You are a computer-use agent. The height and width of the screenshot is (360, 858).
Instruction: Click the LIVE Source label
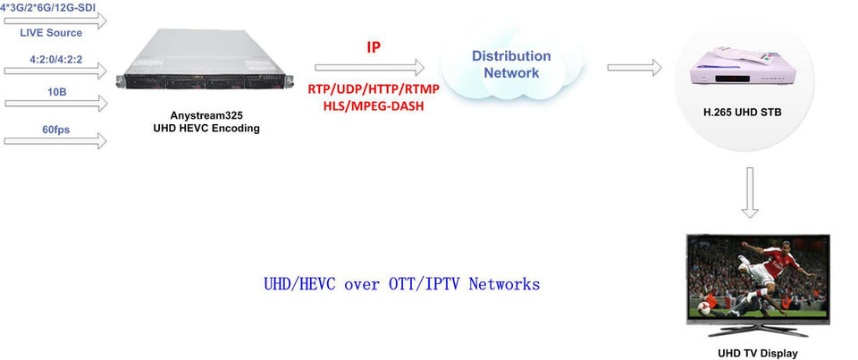(x=51, y=33)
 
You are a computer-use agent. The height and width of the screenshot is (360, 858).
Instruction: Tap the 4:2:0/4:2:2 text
(x=56, y=59)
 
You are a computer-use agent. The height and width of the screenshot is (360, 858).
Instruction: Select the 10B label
(x=57, y=92)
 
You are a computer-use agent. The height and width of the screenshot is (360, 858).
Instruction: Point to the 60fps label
(x=56, y=130)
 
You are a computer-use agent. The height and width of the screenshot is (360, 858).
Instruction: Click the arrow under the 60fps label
(x=55, y=140)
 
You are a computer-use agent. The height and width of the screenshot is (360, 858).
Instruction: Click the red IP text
(x=374, y=47)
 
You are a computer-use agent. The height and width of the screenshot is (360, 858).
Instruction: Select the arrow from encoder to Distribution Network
(x=369, y=67)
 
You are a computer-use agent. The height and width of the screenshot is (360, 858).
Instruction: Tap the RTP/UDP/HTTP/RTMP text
(x=374, y=88)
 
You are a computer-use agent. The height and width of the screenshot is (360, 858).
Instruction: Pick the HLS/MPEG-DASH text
(x=374, y=105)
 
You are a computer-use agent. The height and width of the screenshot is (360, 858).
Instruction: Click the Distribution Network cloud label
(x=511, y=64)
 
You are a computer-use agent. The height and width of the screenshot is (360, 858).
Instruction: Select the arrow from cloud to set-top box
(x=635, y=67)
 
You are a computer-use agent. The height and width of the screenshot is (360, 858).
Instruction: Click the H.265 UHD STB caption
(x=742, y=113)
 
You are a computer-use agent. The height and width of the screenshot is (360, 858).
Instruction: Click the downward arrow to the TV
(x=750, y=192)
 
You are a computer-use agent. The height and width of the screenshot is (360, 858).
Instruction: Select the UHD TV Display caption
(x=758, y=353)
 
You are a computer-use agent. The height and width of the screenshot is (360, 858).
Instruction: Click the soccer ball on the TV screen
(x=704, y=308)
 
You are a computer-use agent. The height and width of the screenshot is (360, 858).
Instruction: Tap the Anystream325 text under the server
(x=206, y=116)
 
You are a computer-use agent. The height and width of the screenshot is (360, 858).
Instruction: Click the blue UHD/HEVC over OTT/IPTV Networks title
(x=401, y=284)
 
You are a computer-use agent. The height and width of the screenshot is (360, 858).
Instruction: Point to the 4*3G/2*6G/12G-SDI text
(x=48, y=8)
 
